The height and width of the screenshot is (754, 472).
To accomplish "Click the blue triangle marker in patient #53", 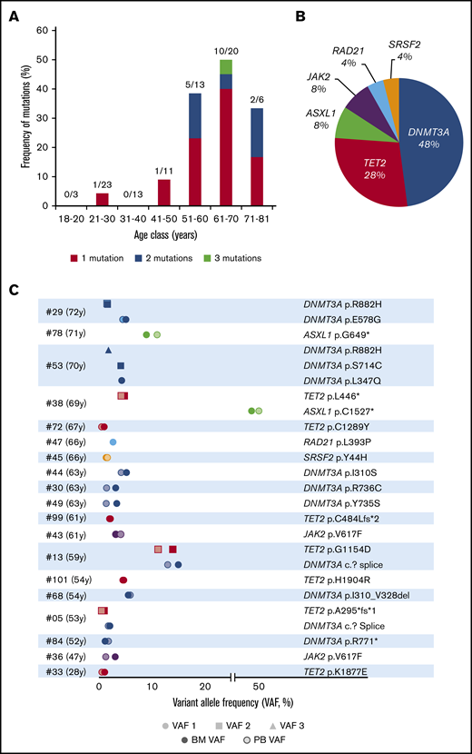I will (109, 350).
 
